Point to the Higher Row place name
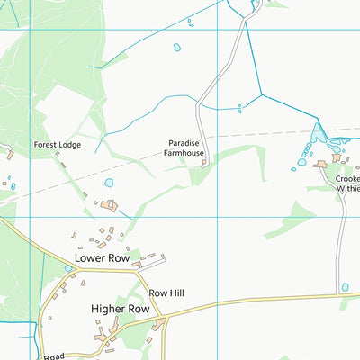click(120, 309)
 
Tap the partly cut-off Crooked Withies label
click(347, 184)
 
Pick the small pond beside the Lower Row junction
click(68, 268)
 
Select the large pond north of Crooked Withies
click(318, 136)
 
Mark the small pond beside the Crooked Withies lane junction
click(345, 287)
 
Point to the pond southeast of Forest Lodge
click(109, 183)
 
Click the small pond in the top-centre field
click(176, 47)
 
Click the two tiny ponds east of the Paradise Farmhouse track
click(238, 108)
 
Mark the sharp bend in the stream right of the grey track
click(261, 94)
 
